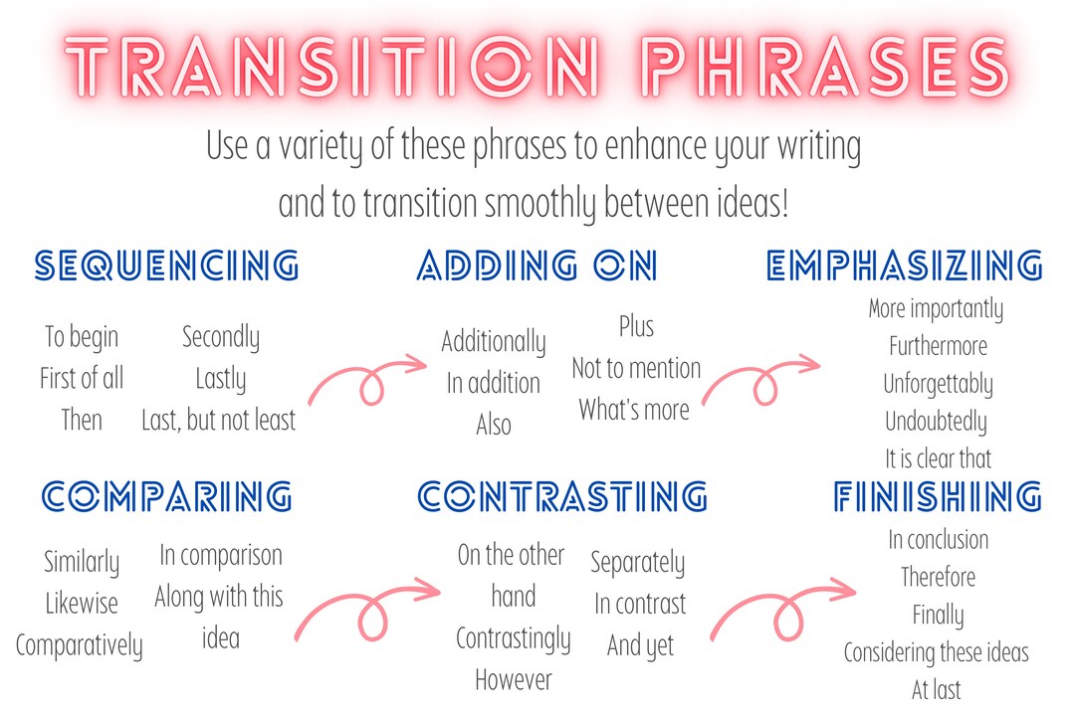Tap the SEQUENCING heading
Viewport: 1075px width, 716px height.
(166, 267)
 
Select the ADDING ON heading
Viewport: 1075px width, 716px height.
(537, 267)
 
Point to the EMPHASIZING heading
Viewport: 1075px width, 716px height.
(905, 267)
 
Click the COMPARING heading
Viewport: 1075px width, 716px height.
(167, 496)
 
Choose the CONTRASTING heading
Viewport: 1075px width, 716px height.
(562, 496)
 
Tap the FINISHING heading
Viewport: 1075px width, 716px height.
(938, 496)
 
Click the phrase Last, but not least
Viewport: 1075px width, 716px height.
(219, 421)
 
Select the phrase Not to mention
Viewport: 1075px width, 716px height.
(636, 368)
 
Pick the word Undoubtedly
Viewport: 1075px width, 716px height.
(936, 422)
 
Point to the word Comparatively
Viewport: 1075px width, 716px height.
(80, 645)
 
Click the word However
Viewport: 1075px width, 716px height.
(513, 680)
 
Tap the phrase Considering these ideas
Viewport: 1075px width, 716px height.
(936, 653)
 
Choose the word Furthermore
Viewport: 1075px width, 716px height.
(938, 346)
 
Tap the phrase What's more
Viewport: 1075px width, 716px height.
(634, 409)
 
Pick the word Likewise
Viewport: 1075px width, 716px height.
(82, 604)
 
